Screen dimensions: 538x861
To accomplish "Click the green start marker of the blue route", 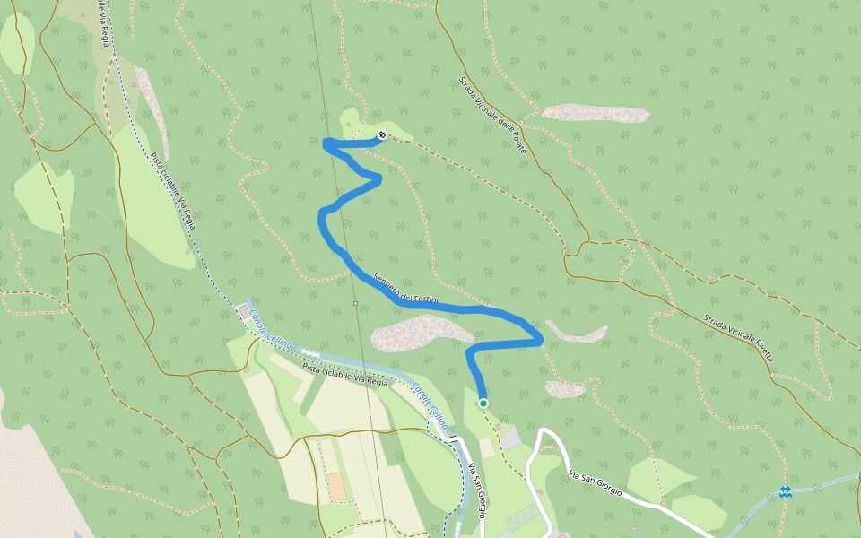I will [483, 403].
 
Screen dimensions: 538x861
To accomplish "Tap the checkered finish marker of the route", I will [382, 135].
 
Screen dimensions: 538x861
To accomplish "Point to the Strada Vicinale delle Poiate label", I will [492, 115].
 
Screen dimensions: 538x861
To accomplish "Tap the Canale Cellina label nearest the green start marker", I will [431, 406].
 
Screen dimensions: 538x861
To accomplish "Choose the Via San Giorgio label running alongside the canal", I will [476, 489].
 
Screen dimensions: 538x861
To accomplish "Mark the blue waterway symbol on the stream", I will [786, 492].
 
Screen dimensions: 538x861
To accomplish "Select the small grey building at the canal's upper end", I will [245, 310].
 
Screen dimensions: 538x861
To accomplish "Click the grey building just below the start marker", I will [510, 438].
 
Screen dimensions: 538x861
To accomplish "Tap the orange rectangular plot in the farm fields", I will [336, 486].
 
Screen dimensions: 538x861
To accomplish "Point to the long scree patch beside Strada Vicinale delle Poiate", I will [596, 113].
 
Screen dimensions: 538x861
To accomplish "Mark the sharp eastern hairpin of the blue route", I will [540, 340].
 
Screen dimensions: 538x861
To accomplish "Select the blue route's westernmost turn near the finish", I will [326, 142].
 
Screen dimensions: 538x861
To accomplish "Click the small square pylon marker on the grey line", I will [356, 303].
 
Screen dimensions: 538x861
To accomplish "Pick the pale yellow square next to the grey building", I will [486, 447].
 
